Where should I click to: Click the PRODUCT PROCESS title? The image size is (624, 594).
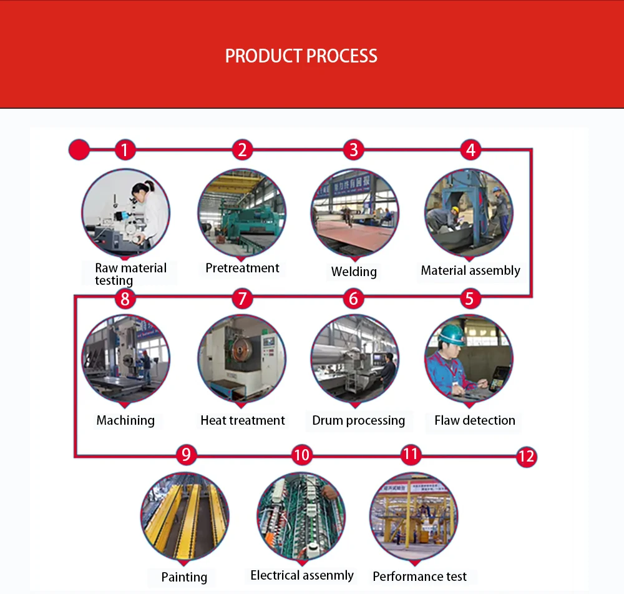(x=301, y=56)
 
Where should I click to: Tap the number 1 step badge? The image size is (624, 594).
(x=125, y=150)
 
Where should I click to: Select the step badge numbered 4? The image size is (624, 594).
(x=470, y=150)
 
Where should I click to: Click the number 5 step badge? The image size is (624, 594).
(x=469, y=299)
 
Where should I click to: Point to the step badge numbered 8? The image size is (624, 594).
(x=125, y=299)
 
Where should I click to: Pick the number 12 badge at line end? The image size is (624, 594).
(x=526, y=457)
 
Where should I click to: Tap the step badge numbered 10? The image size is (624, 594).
(x=301, y=455)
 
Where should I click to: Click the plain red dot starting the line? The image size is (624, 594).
(x=79, y=150)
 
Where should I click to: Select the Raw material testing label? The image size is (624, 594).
(x=130, y=274)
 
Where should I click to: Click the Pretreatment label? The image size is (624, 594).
(x=242, y=268)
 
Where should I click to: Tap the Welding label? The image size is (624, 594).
(x=354, y=272)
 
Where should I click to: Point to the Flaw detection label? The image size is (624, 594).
(x=474, y=420)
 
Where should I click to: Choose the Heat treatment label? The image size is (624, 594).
(x=242, y=420)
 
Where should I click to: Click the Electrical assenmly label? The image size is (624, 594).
(x=302, y=575)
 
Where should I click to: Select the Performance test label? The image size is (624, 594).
(x=419, y=577)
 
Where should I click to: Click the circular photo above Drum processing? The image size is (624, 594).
(x=354, y=358)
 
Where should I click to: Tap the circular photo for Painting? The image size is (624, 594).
(x=185, y=516)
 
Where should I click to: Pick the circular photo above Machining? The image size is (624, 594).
(x=125, y=358)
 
